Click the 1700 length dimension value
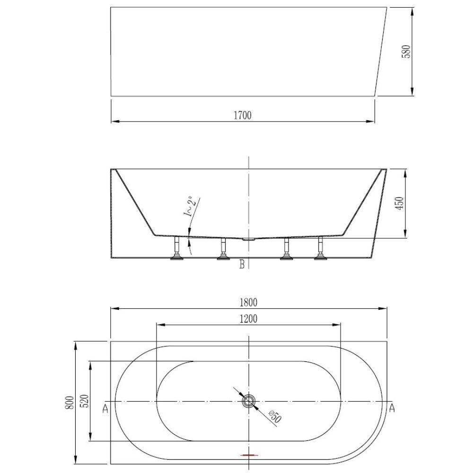(x=243, y=115)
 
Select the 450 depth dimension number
(x=399, y=203)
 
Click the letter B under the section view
(x=242, y=264)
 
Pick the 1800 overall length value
(x=248, y=303)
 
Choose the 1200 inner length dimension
(x=248, y=319)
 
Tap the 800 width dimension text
(x=69, y=403)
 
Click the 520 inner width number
(x=85, y=401)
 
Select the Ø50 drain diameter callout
(x=275, y=416)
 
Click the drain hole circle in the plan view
(x=248, y=401)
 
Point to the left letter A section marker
(x=105, y=409)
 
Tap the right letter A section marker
(x=392, y=408)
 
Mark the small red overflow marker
(x=249, y=454)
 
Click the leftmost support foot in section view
(x=177, y=248)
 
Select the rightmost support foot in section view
(x=320, y=248)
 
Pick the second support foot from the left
(x=223, y=249)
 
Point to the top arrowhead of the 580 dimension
(x=412, y=11)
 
